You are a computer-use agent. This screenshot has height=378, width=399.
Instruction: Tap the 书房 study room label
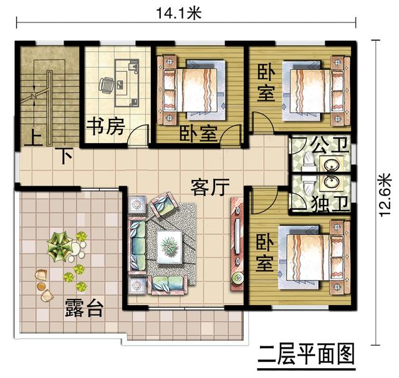105,128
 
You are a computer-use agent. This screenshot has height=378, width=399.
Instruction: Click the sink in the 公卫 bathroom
329,164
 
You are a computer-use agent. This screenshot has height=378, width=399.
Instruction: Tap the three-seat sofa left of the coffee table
137,246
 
